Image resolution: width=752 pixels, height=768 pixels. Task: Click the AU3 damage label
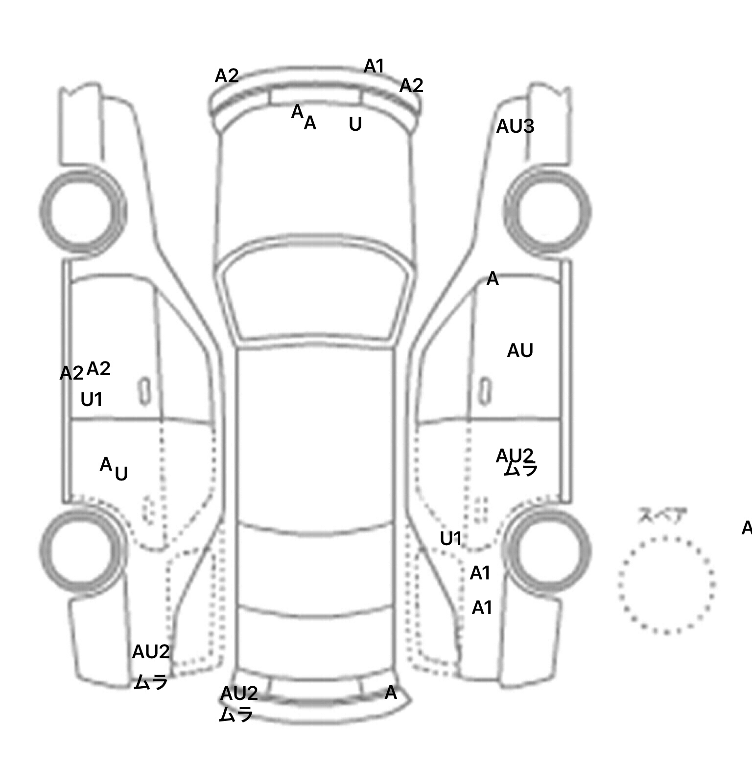(x=515, y=126)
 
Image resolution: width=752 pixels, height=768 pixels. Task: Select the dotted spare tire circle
(x=666, y=585)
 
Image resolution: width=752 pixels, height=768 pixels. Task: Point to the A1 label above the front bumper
(x=374, y=66)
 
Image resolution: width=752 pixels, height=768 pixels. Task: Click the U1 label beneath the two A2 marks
(x=92, y=400)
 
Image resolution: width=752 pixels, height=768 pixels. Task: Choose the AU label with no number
(x=520, y=351)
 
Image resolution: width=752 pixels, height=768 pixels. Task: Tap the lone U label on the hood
(x=355, y=124)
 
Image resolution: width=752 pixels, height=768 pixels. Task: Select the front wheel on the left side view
(x=82, y=211)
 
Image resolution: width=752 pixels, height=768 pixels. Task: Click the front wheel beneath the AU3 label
(x=547, y=211)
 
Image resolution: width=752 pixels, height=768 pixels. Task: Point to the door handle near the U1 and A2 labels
(x=144, y=391)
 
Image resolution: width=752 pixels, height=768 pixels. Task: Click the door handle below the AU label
(x=485, y=391)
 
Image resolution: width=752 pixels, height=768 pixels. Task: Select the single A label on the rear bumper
(x=391, y=693)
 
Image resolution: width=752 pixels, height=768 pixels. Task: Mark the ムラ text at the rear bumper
(x=236, y=715)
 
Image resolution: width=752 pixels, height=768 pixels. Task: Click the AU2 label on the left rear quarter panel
(x=151, y=652)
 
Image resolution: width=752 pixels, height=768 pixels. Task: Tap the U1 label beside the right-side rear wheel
(x=451, y=539)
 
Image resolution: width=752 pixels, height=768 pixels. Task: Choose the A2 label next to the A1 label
(x=411, y=86)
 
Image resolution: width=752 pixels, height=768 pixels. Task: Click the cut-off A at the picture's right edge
(x=747, y=528)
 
